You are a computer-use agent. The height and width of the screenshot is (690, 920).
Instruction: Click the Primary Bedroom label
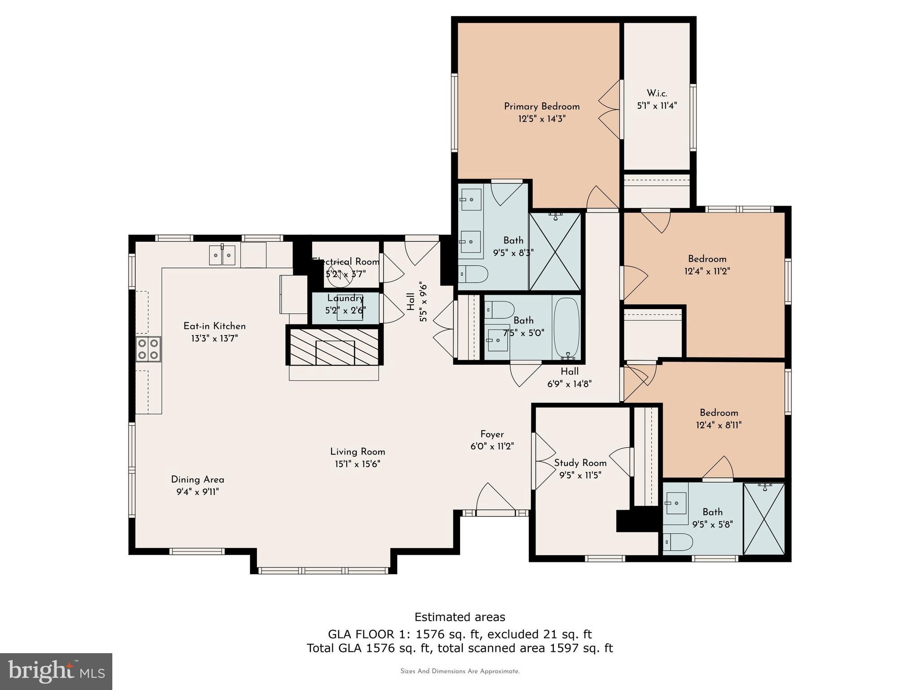(541, 106)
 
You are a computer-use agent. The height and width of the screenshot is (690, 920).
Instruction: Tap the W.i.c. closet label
(657, 93)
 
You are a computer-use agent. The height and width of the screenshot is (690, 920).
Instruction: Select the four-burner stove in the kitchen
(148, 349)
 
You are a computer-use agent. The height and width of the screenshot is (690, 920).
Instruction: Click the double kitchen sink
(222, 255)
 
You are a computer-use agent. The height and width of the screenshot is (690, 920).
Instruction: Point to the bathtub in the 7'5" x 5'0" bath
(567, 328)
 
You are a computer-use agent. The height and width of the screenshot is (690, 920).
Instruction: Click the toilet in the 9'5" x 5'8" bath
(678, 542)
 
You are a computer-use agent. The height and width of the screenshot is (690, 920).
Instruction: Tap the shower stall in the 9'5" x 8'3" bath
(555, 252)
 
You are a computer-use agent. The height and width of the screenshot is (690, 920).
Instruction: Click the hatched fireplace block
(335, 346)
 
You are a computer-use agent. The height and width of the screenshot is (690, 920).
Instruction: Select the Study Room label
(580, 463)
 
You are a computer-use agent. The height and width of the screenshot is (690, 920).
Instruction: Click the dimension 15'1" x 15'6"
(358, 464)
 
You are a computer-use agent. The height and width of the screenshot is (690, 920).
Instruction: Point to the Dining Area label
(197, 479)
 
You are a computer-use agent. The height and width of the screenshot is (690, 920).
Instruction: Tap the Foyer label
(492, 434)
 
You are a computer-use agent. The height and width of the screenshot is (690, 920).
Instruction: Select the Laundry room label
(345, 298)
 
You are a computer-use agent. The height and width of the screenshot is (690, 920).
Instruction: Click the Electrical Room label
(346, 261)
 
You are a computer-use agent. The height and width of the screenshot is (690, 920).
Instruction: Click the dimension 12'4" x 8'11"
(719, 425)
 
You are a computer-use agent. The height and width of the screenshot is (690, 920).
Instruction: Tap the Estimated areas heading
(460, 617)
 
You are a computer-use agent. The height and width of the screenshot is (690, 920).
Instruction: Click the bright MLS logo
(56, 671)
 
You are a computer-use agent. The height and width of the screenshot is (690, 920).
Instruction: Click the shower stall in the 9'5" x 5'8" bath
(764, 519)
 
